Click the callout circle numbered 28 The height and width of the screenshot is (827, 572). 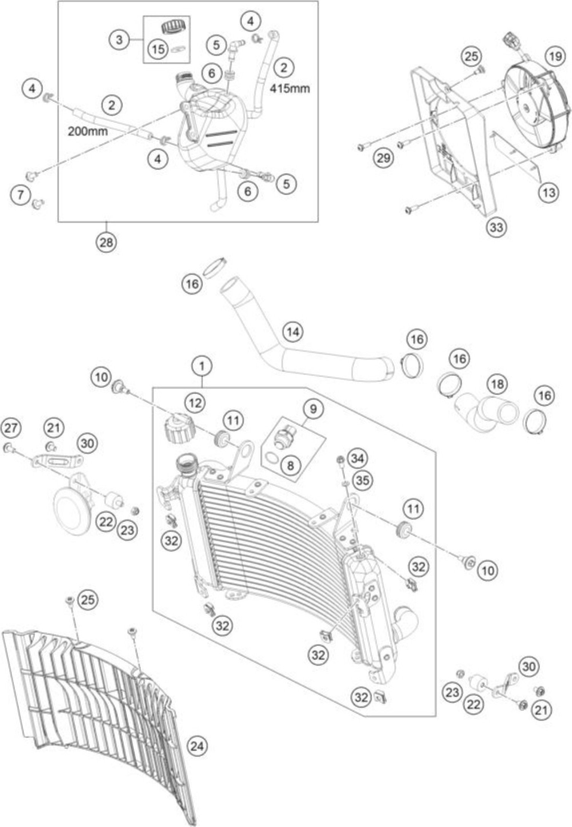[x=107, y=242]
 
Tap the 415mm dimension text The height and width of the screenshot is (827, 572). [x=290, y=89]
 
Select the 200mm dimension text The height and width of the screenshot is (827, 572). [x=88, y=132]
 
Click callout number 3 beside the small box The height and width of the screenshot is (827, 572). [x=119, y=40]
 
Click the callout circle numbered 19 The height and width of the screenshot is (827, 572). [x=555, y=56]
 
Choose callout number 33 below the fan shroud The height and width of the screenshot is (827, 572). [x=497, y=227]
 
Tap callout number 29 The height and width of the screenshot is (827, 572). [x=384, y=158]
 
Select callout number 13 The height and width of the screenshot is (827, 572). [x=549, y=193]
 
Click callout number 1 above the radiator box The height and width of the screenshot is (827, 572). [x=202, y=366]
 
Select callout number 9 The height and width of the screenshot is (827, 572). [x=313, y=409]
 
